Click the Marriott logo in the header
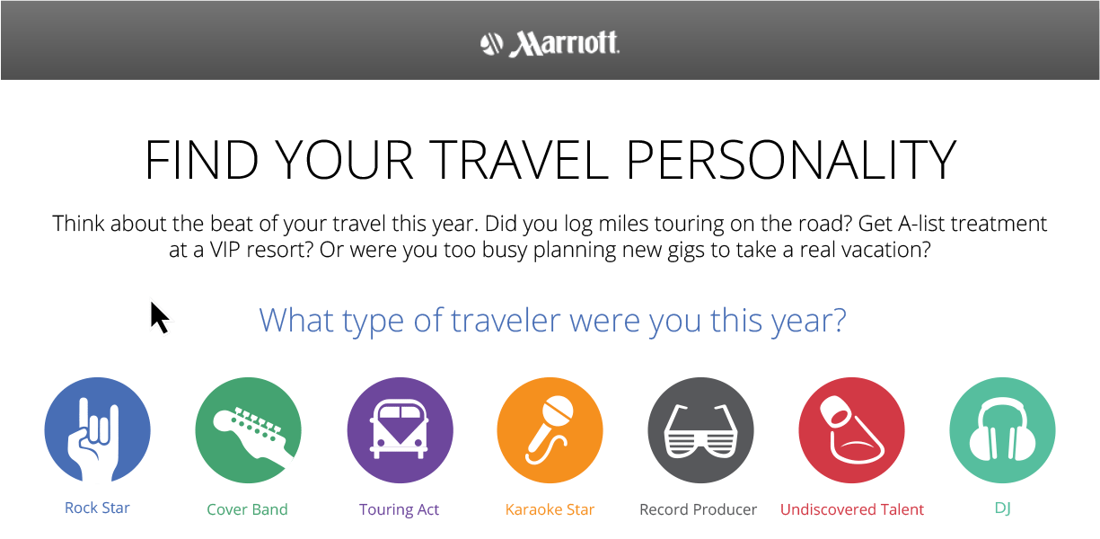[x=550, y=44]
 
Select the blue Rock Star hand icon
[x=97, y=430]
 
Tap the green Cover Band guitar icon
[x=248, y=430]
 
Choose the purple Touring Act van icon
[x=400, y=430]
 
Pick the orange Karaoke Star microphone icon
[x=550, y=430]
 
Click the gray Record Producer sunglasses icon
[x=700, y=430]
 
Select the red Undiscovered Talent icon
[x=851, y=430]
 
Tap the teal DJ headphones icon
[x=1002, y=430]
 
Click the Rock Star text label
[x=97, y=508]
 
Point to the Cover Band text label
[x=247, y=509]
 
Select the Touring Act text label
[x=399, y=509]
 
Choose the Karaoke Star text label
[x=550, y=509]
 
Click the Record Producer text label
[x=698, y=509]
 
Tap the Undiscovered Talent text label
[x=852, y=509]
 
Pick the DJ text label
[x=1002, y=508]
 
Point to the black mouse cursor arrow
[x=159, y=317]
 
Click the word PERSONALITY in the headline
[x=790, y=160]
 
